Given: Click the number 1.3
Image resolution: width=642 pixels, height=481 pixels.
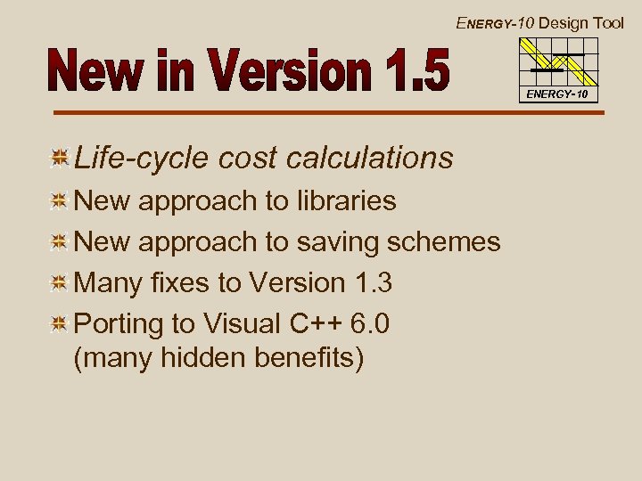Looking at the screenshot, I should coord(373,282).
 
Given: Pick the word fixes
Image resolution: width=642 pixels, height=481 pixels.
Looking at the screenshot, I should coord(188,282).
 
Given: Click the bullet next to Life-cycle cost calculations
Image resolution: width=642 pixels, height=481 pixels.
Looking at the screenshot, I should coord(60,159).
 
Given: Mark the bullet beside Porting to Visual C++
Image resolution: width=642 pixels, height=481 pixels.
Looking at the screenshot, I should coord(60,323).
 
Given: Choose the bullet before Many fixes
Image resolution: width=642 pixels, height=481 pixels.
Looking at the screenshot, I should coord(60,283).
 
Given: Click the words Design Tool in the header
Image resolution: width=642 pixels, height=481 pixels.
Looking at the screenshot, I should coord(581,23).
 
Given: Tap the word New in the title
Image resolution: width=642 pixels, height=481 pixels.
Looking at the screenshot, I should coord(88,72).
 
